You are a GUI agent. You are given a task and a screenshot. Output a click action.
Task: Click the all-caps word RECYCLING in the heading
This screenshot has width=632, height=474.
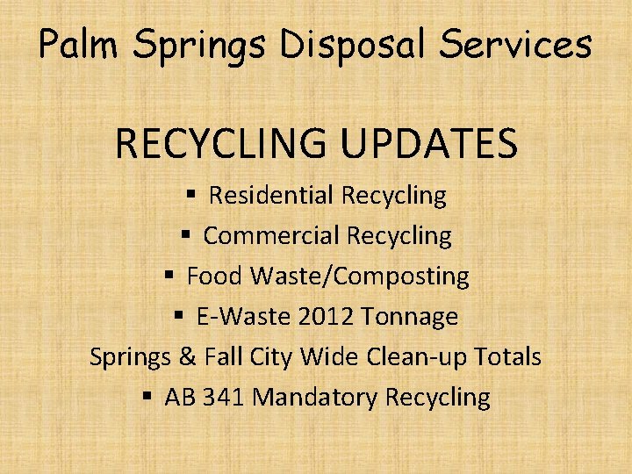[x=219, y=144]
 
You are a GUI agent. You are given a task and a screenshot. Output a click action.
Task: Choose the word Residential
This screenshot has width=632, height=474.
[x=271, y=195]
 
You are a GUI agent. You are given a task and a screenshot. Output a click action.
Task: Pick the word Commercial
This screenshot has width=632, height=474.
[x=272, y=235]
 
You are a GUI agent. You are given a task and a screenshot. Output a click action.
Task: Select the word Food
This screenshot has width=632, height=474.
[x=215, y=276]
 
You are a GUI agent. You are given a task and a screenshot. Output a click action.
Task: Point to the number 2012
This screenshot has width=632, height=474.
[x=326, y=316]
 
